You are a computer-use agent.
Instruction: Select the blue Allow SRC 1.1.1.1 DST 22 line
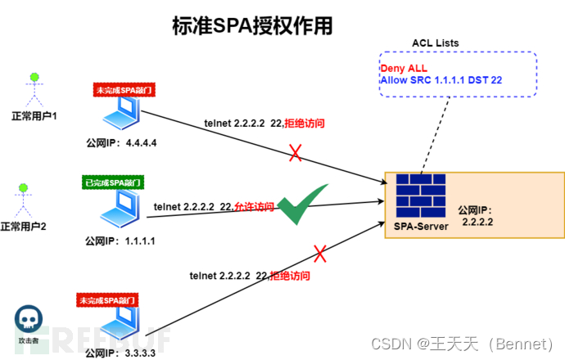pos(441,80)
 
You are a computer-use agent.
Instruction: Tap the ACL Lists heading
pos(435,43)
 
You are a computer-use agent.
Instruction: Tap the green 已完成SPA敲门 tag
pos(113,182)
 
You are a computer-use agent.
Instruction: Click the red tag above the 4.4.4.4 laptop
pos(120,88)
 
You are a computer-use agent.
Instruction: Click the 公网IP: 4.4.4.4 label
pos(121,142)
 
